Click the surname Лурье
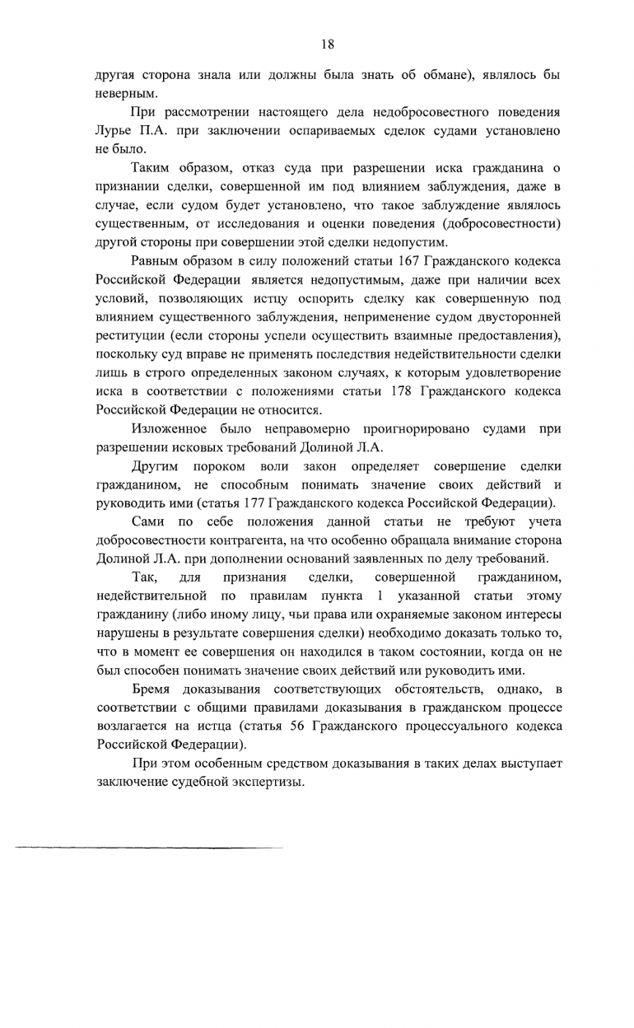coord(115,131)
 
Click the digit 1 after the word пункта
coord(379,595)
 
